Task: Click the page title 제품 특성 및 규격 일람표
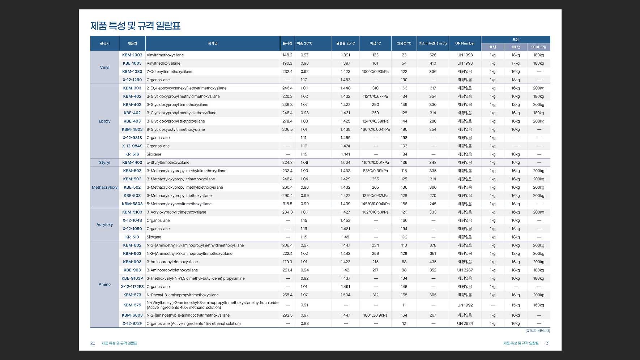pyautogui.click(x=135, y=26)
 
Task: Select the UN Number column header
pyautogui.click(x=465, y=43)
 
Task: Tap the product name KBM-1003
pyautogui.click(x=132, y=55)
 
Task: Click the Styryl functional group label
pyautogui.click(x=104, y=163)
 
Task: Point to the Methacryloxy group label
pyautogui.click(x=104, y=187)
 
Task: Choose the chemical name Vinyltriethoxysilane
pyautogui.click(x=163, y=63)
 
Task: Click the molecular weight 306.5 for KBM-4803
pyautogui.click(x=287, y=129)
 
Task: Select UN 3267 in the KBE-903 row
pyautogui.click(x=465, y=270)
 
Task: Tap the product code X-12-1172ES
pyautogui.click(x=132, y=287)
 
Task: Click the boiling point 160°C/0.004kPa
pyautogui.click(x=375, y=129)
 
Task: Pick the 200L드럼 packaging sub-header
pyautogui.click(x=538, y=47)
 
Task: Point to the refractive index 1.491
pyautogui.click(x=345, y=287)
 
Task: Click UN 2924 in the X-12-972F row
pyautogui.click(x=465, y=323)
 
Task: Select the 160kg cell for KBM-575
pyautogui.click(x=538, y=305)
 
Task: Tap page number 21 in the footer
pyautogui.click(x=547, y=343)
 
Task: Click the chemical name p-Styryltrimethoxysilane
pyautogui.click(x=168, y=163)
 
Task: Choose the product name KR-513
pyautogui.click(x=132, y=237)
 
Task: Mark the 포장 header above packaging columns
pyautogui.click(x=516, y=39)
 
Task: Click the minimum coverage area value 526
pyautogui.click(x=433, y=55)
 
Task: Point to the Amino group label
pyautogui.click(x=104, y=284)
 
